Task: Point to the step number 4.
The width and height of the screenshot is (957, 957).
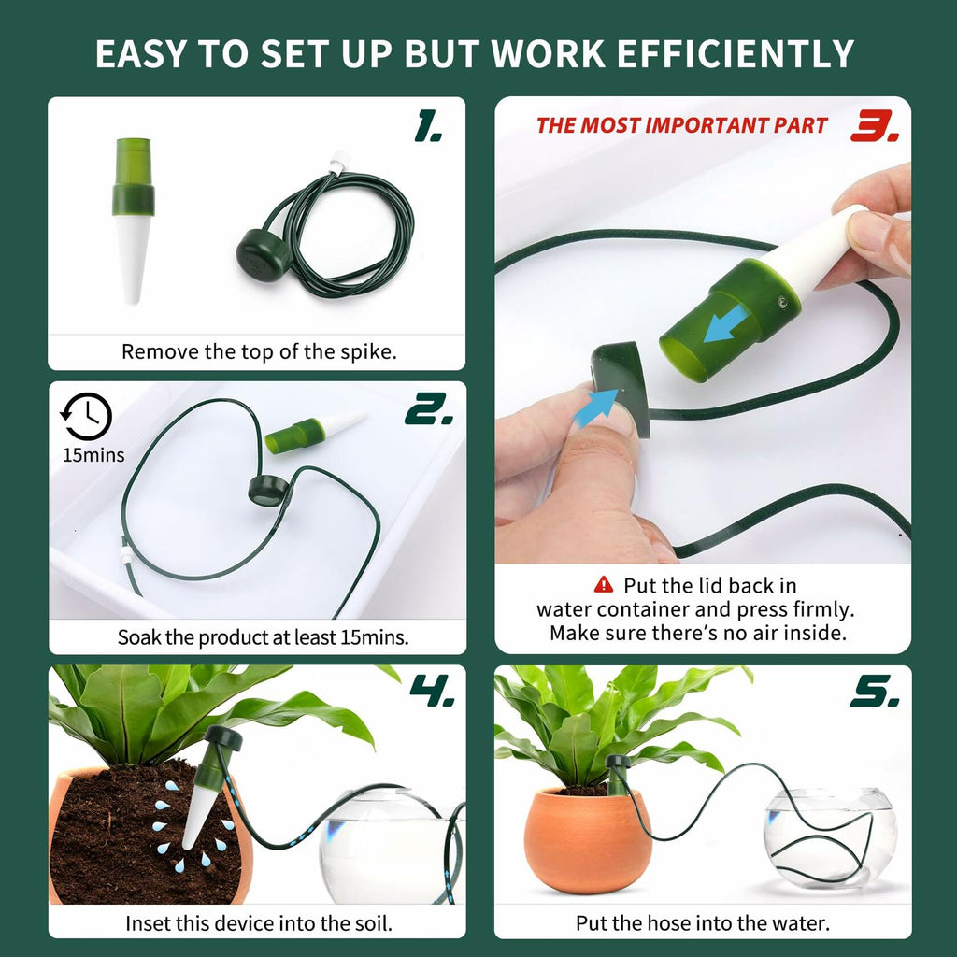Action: click(432, 693)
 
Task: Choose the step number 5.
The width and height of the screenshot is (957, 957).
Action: click(875, 693)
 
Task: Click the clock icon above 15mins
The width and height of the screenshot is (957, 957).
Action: click(86, 417)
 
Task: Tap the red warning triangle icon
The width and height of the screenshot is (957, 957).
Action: click(604, 585)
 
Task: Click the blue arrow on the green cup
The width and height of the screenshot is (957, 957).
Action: click(725, 323)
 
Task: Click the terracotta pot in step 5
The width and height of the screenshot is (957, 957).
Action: click(586, 841)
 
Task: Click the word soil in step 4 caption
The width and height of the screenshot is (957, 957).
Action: click(366, 924)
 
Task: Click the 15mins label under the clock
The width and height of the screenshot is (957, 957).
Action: click(93, 456)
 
